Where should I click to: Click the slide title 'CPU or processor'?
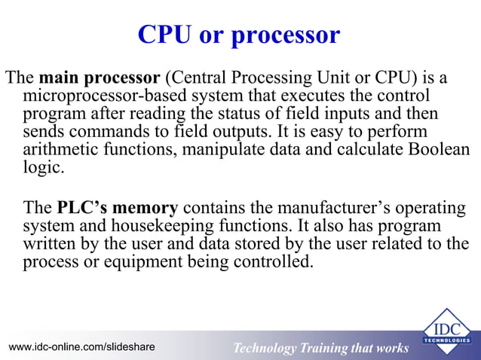coord(239,35)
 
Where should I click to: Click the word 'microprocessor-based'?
coord(102,96)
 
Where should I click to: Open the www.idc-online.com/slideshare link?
coord(81,347)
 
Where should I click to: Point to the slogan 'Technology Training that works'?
coord(320,348)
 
